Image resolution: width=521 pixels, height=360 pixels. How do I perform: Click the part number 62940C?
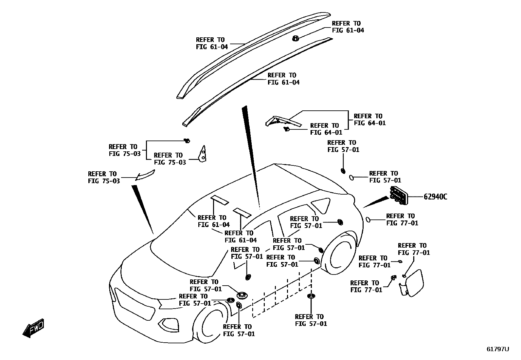click(x=435, y=197)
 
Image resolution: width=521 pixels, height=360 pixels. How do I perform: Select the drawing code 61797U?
click(x=497, y=349)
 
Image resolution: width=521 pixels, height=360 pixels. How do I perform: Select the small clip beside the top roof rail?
click(x=295, y=38)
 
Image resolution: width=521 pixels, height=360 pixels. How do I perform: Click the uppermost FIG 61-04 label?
click(x=348, y=27)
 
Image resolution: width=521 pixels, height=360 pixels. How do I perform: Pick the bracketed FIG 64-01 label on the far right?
click(x=369, y=120)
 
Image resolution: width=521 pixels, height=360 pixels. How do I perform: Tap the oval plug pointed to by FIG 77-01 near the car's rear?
click(x=368, y=219)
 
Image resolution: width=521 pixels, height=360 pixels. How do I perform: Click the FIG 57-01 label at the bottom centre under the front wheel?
click(x=239, y=330)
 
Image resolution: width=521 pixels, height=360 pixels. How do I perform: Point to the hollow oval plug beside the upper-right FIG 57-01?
click(x=351, y=177)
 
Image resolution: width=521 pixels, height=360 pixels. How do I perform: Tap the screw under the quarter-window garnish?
click(x=286, y=129)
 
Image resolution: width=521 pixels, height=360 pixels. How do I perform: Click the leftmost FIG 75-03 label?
click(x=104, y=177)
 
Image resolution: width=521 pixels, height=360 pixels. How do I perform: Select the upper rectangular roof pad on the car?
click(x=220, y=200)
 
